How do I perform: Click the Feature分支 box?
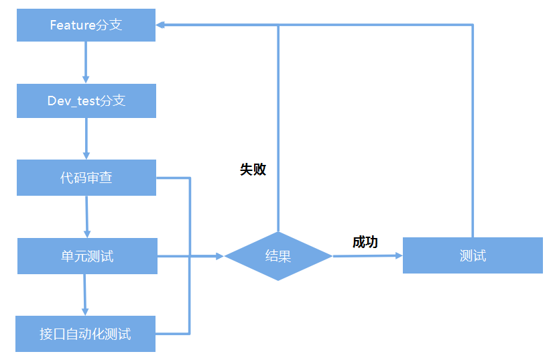coord(86,25)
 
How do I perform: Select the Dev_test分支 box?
coord(86,101)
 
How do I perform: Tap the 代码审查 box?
coord(86,178)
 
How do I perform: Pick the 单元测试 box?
coord(87,255)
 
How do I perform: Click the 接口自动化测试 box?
coord(85,334)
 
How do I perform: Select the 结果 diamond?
coord(278,255)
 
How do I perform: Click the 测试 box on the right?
coord(473,255)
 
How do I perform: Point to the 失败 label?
coord(253,170)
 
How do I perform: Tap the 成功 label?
coord(365,242)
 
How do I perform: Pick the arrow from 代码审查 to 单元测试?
coord(87,217)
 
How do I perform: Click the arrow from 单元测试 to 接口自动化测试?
coord(85,294)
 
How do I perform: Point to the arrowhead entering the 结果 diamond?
coord(219,255)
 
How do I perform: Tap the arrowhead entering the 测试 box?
coord(398,255)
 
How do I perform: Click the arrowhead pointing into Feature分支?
coord(161,25)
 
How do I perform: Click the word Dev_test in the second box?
coord(72,101)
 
